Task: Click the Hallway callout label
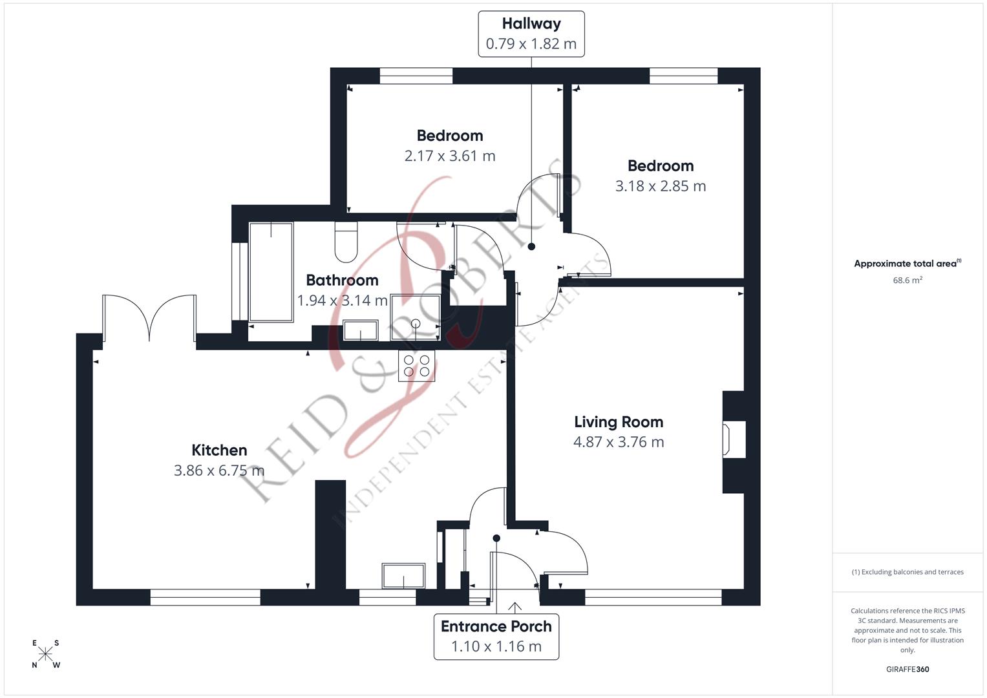tap(531, 34)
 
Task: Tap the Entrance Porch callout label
tap(496, 636)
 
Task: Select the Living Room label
tap(619, 422)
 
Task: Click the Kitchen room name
tap(219, 450)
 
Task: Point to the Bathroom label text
tap(342, 280)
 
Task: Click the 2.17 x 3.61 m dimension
tap(450, 156)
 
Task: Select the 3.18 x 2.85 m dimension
tap(660, 186)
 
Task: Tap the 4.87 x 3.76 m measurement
tap(619, 442)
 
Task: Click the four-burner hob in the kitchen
tap(417, 366)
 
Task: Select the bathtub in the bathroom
tap(271, 272)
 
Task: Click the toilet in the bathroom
tap(346, 242)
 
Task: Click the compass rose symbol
tap(46, 654)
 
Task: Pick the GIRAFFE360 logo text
tap(907, 669)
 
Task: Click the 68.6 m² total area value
tap(907, 280)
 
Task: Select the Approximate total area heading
tap(907, 264)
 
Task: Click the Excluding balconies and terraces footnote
tap(907, 572)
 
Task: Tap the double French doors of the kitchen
tap(149, 317)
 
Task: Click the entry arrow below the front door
tap(515, 607)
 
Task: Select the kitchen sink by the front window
tap(403, 576)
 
